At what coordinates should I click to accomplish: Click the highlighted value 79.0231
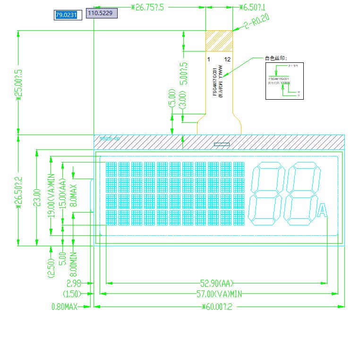pos(66,15)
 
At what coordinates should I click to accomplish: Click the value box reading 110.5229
pos(101,14)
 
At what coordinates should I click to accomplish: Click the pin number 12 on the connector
pos(227,59)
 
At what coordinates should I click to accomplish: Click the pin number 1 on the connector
pos(208,59)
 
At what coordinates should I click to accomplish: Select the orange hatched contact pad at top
pos(219,41)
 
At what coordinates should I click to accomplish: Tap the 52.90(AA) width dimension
pos(217,283)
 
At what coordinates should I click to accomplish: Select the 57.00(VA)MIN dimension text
pos(219,294)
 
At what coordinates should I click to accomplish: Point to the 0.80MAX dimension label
pos(64,307)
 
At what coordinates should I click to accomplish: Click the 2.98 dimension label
pos(74,283)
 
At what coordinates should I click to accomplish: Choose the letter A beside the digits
pos(322,210)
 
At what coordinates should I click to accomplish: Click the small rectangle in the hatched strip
pos(222,144)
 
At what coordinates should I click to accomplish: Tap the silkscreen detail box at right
pos(284,81)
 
